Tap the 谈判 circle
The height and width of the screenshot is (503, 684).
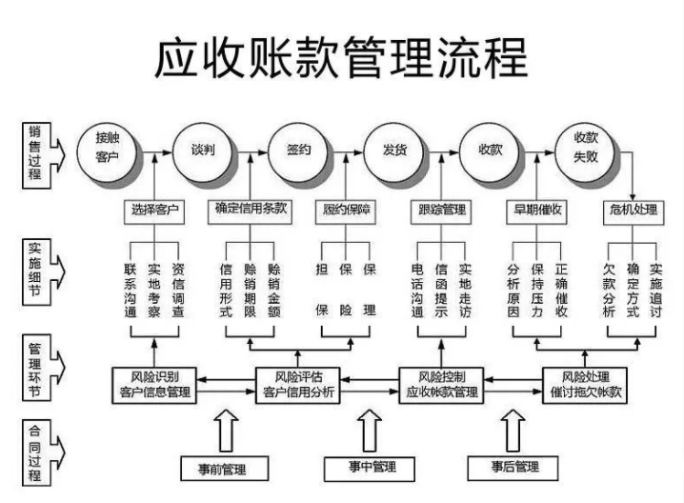202,150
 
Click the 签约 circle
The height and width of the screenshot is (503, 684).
296,150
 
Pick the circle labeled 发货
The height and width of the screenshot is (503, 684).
393,150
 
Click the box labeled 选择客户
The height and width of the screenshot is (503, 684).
152,209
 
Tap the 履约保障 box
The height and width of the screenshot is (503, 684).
345,210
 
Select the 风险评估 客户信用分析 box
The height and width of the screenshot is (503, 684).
298,383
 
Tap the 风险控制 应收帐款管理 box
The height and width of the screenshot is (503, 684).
441,383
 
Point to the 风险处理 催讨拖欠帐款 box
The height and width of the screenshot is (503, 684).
585,383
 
